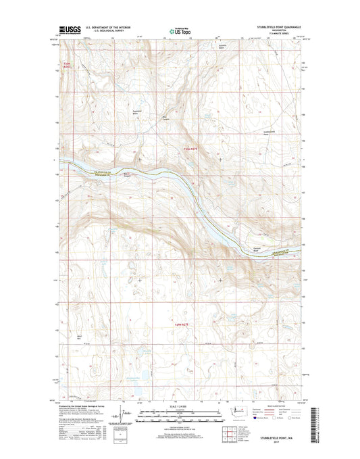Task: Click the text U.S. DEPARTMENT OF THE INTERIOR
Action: tap(109, 25)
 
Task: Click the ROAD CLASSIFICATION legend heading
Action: tap(272, 403)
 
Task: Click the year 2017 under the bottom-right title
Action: tap(276, 443)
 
